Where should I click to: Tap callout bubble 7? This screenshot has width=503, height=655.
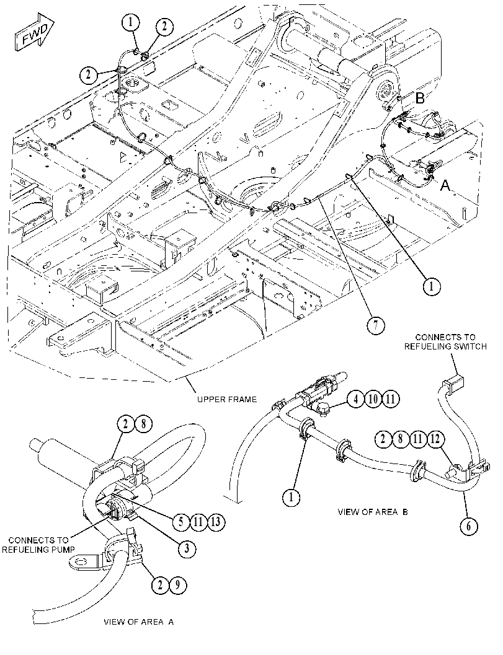tap(375, 325)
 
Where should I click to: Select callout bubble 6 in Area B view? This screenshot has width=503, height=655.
tap(468, 525)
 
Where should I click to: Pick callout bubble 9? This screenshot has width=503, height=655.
tap(177, 585)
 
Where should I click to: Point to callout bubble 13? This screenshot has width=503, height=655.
tap(216, 522)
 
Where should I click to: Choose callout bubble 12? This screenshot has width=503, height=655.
tap(435, 439)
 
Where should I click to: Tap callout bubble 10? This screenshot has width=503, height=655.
tap(373, 399)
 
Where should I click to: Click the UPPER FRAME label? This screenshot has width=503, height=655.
tap(227, 399)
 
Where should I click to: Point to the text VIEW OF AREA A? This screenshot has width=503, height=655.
tap(138, 622)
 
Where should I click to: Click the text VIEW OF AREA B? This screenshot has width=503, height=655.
tap(373, 512)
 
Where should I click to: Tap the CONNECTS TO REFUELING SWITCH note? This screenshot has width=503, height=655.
tap(445, 341)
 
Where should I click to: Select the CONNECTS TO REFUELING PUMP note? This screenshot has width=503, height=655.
tap(38, 545)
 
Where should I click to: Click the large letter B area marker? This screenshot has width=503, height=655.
tap(420, 99)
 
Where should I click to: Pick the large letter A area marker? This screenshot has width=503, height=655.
tap(446, 185)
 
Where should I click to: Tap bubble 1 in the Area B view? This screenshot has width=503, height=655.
tap(292, 497)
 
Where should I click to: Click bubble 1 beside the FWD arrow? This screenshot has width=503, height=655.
tap(131, 22)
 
